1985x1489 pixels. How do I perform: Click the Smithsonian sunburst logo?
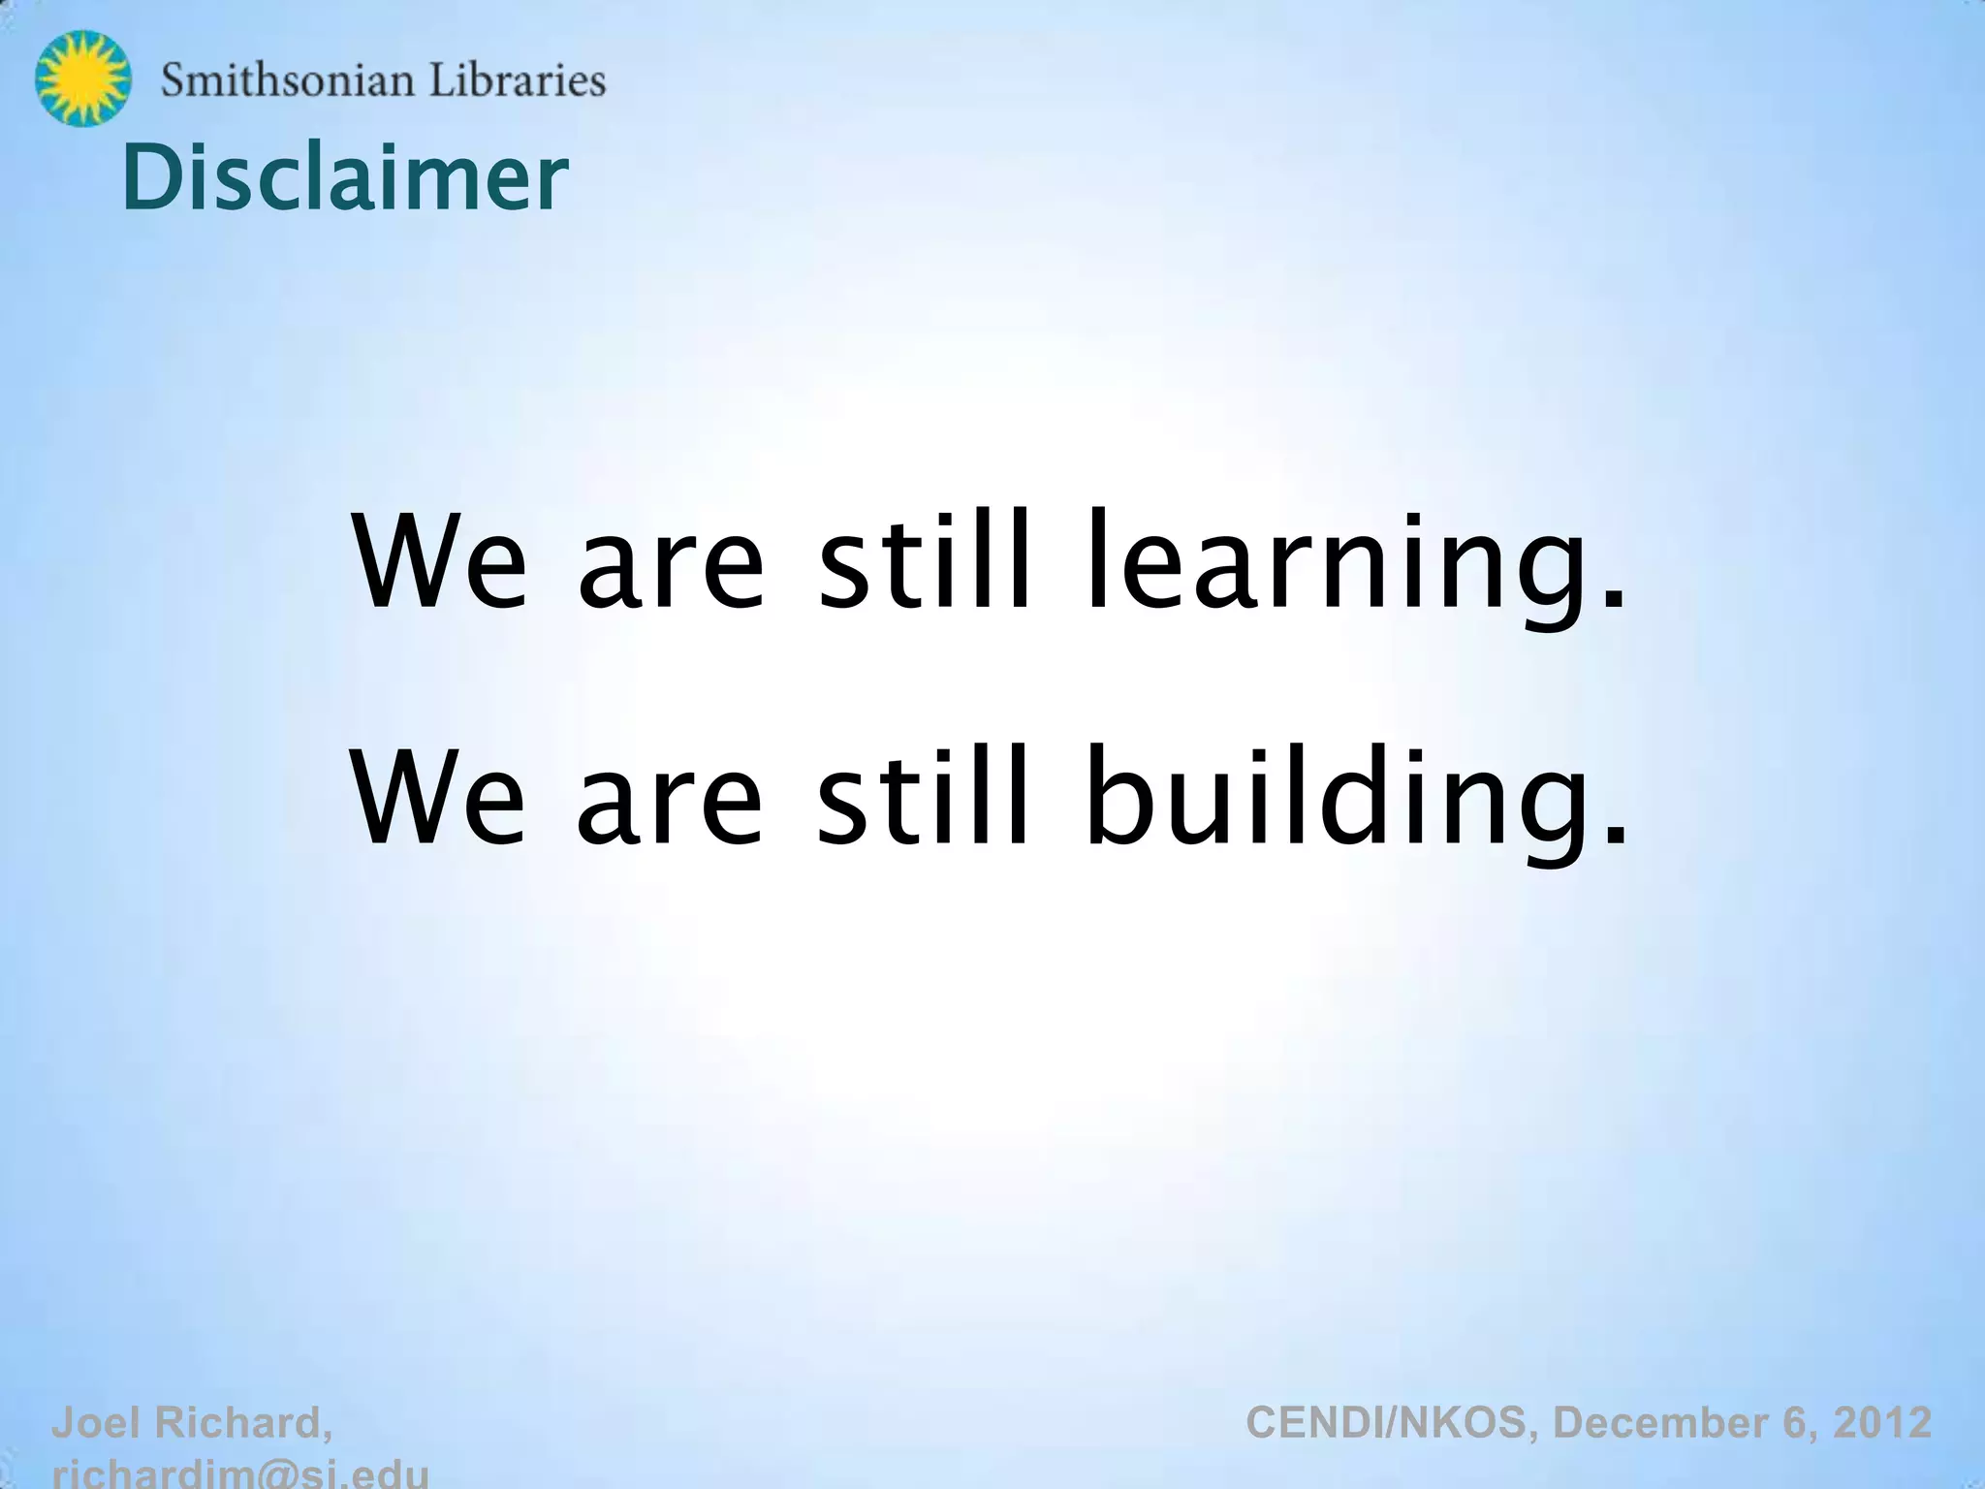[82, 79]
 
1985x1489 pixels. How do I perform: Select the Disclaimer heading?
[345, 177]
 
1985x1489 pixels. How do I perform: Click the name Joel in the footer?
[97, 1423]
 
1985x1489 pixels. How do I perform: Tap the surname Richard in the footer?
[242, 1423]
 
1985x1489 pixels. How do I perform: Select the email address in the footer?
[240, 1473]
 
